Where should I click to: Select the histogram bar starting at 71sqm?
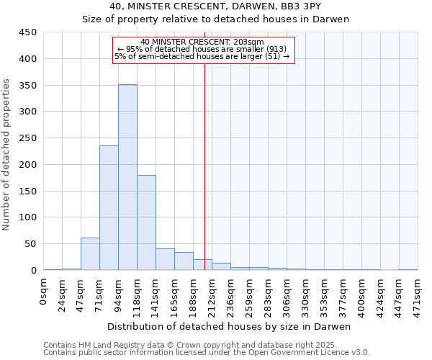pyautogui.click(x=109, y=208)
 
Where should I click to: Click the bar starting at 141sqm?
pyautogui.click(x=165, y=259)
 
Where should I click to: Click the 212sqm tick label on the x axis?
pyautogui.click(x=212, y=293)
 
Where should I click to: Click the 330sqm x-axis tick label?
pyautogui.click(x=306, y=293)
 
